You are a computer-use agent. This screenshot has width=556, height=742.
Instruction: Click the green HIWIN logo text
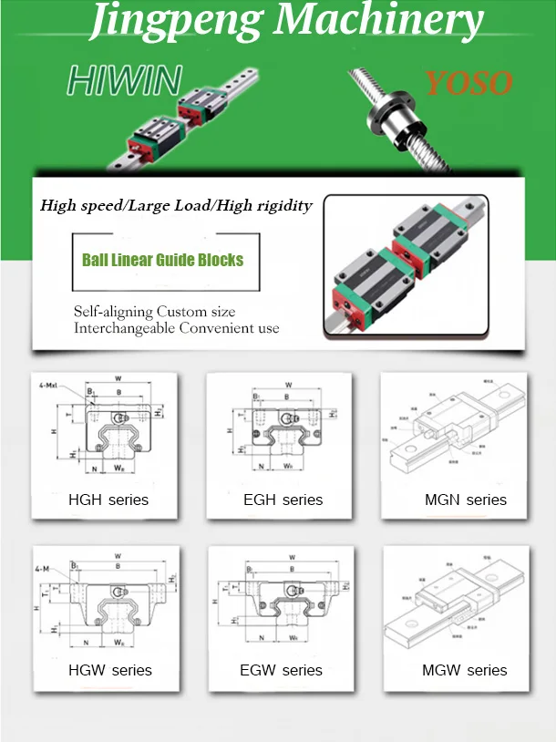pyautogui.click(x=124, y=81)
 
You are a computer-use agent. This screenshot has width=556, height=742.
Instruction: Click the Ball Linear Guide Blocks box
pyautogui.click(x=163, y=260)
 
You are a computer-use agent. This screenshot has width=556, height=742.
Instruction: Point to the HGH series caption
pyautogui.click(x=108, y=500)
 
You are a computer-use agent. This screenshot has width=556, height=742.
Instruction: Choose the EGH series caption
pyautogui.click(x=283, y=500)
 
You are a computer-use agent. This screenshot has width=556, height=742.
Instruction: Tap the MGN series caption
pyautogui.click(x=466, y=500)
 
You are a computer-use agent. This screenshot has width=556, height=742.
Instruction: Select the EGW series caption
pyautogui.click(x=282, y=670)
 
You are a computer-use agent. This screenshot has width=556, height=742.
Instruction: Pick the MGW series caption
pyautogui.click(x=465, y=670)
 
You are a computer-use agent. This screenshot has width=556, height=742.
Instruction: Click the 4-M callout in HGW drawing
pyautogui.click(x=42, y=570)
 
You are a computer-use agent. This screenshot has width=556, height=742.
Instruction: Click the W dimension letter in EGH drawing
pyautogui.click(x=287, y=385)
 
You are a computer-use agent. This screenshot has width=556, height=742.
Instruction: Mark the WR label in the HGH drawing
pyautogui.click(x=120, y=468)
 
